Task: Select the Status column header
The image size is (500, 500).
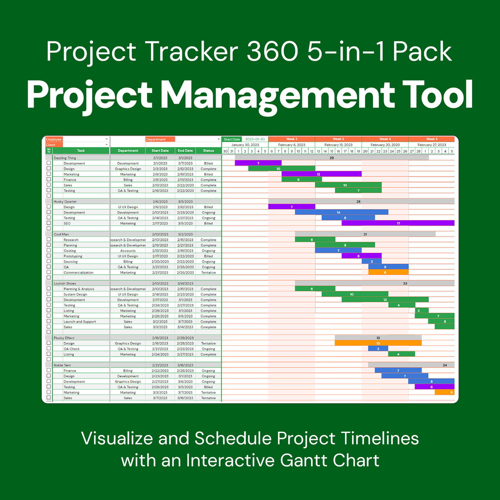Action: pyautogui.click(x=208, y=151)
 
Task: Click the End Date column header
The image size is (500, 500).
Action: pyautogui.click(x=185, y=151)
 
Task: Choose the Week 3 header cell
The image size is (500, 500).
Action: pyautogui.click(x=338, y=139)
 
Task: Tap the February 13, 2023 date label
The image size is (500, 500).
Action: pyautogui.click(x=338, y=145)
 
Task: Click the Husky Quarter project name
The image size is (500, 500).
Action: pyautogui.click(x=65, y=202)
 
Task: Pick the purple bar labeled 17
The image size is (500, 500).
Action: pyautogui.click(x=398, y=223)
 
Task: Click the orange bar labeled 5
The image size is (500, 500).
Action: pyautogui.click(x=445, y=392)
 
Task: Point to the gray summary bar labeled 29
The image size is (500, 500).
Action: pyautogui.click(x=332, y=158)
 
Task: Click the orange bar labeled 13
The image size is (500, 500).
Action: pyautogui.click(x=378, y=343)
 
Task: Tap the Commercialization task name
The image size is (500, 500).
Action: pyautogui.click(x=78, y=272)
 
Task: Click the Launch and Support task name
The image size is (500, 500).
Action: pyautogui.click(x=80, y=322)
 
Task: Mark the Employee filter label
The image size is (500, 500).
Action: pyautogui.click(x=54, y=140)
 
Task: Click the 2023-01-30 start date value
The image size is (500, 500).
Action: pyautogui.click(x=255, y=139)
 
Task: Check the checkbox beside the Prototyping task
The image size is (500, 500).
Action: pyautogui.click(x=49, y=256)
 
